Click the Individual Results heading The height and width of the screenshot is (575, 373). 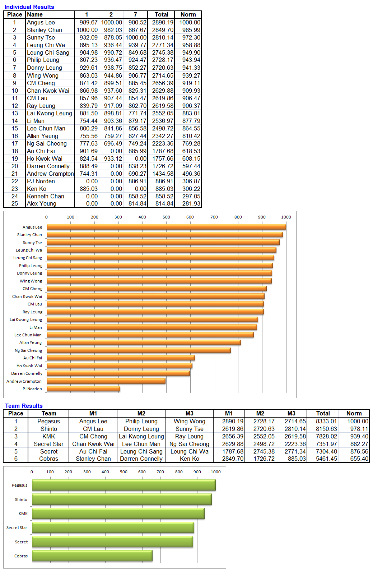click(29, 7)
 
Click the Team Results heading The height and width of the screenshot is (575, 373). click(24, 406)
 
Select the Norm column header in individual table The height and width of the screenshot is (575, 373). click(188, 14)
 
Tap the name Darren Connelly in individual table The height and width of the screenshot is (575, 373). click(48, 166)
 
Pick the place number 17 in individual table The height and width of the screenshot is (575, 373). click(15, 143)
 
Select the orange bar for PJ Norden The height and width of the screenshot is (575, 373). click(83, 388)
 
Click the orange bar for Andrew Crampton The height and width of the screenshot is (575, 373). click(106, 381)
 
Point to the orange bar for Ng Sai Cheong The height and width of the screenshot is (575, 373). click(139, 350)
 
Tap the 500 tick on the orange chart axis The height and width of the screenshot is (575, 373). click(166, 217)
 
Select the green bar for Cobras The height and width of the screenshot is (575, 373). click(92, 556)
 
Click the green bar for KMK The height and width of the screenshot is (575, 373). click(118, 514)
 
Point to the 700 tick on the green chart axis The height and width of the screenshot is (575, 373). click(160, 472)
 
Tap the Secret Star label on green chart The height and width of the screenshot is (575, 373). click(17, 528)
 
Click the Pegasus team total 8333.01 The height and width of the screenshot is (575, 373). click(326, 421)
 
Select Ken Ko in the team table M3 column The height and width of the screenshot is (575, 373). click(189, 459)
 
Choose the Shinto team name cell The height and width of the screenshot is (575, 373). click(48, 429)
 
